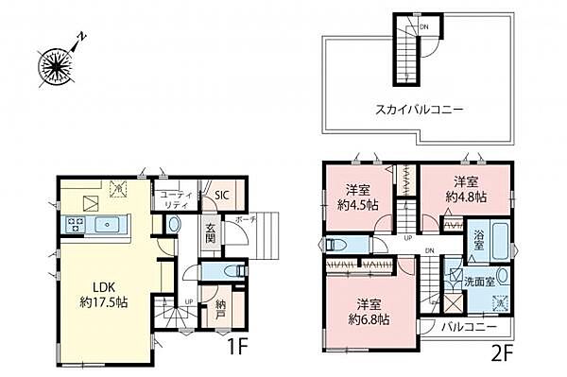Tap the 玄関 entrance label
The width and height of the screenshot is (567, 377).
coord(212,234)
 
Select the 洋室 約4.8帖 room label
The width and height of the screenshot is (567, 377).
coord(468,189)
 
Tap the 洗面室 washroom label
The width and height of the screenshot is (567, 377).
coord(479,281)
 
